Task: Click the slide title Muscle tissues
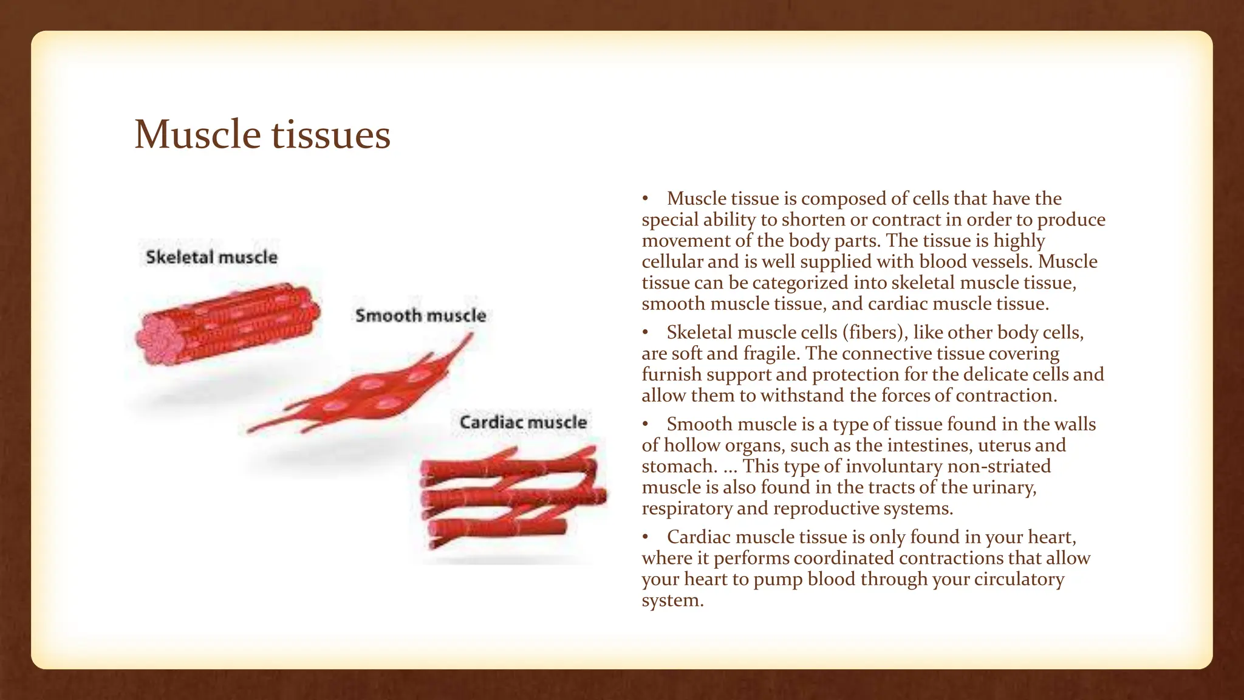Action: [x=262, y=134]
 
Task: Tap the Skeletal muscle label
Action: [x=211, y=257]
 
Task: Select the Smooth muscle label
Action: [x=420, y=315]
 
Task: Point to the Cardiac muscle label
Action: [x=523, y=422]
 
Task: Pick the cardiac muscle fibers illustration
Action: [x=513, y=495]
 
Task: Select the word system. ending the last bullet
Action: [x=672, y=600]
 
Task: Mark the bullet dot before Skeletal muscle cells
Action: [x=646, y=333]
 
